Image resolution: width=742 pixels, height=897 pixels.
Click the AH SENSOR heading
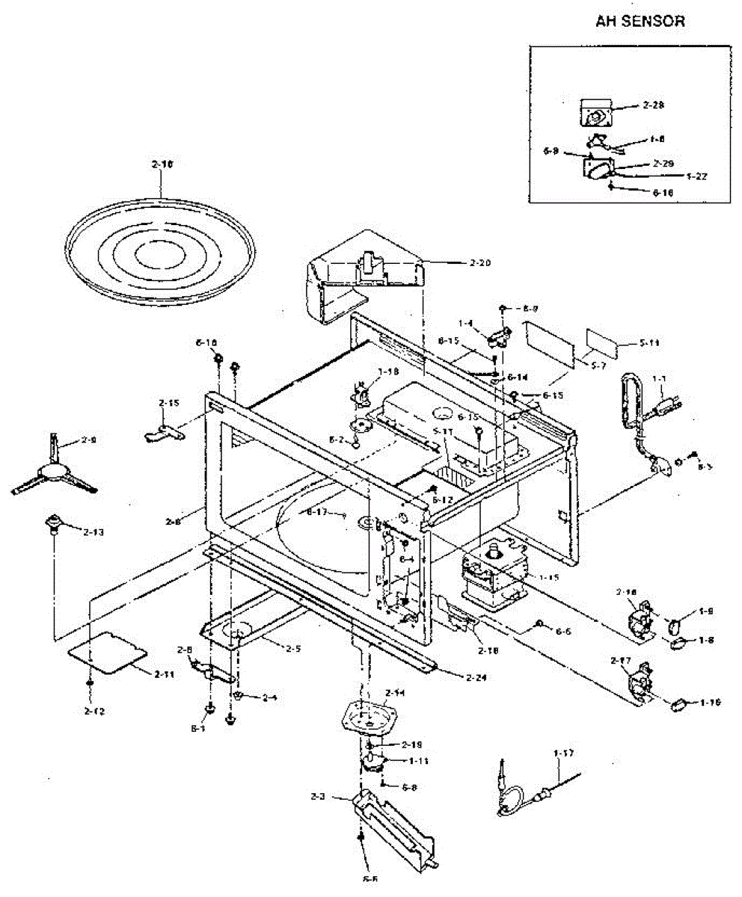[x=640, y=21]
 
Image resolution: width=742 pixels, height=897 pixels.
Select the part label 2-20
[x=482, y=263]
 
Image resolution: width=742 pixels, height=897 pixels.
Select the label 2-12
[x=95, y=710]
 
